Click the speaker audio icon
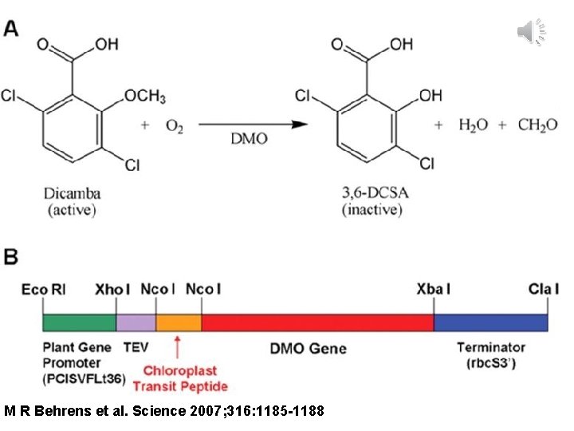tap(529, 30)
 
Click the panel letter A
tap(14, 29)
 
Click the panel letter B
tap(14, 257)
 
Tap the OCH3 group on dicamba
tap(144, 97)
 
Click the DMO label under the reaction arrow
tap(250, 140)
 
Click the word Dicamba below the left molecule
tap(73, 194)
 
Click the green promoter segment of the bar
tap(79, 322)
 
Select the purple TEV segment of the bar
tap(136, 322)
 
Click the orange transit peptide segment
tap(179, 322)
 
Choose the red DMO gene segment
tap(317, 322)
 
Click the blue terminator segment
tap(490, 322)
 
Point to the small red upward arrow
tap(177, 346)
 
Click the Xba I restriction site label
tap(433, 289)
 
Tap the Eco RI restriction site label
tap(43, 289)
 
